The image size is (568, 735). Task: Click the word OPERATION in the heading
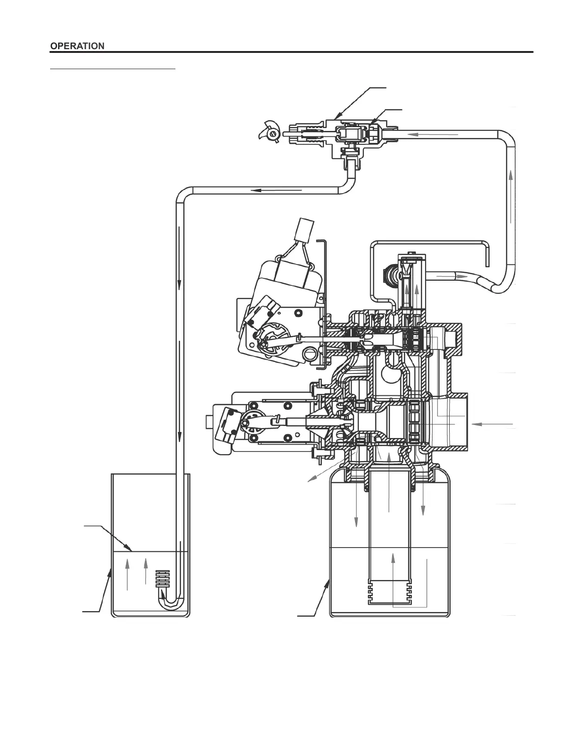(77, 46)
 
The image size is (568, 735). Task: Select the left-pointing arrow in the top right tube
(433, 134)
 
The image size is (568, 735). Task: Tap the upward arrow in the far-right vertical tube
(510, 197)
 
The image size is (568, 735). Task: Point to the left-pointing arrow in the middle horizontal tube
(276, 190)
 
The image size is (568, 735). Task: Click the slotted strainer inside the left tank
(163, 579)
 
